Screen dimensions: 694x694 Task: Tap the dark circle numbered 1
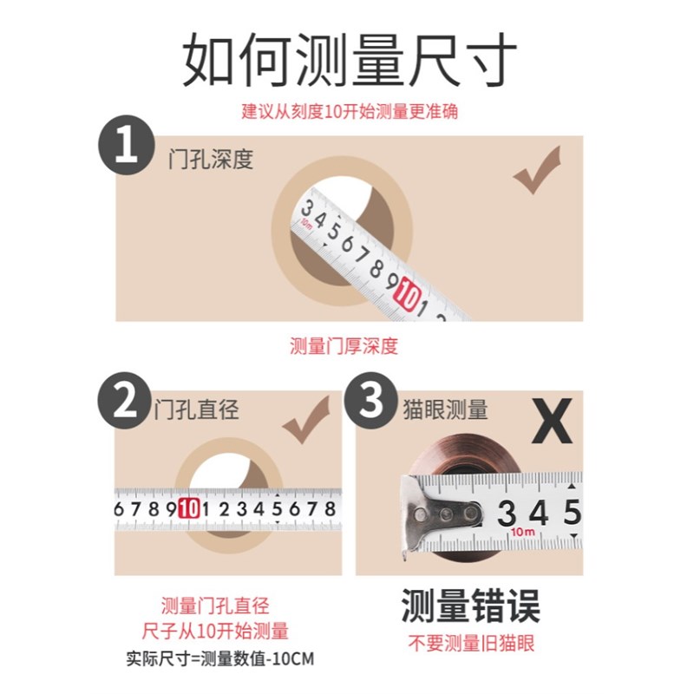[127, 145]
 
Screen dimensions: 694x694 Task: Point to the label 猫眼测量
[446, 409]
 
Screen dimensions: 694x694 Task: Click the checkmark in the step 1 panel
[536, 171]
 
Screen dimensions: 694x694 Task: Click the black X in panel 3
[552, 422]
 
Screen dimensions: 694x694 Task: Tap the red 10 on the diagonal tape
[405, 298]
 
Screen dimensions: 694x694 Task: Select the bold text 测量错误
[470, 606]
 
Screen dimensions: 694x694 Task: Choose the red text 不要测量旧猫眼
[471, 644]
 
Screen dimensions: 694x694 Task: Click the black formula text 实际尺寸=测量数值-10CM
[219, 658]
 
